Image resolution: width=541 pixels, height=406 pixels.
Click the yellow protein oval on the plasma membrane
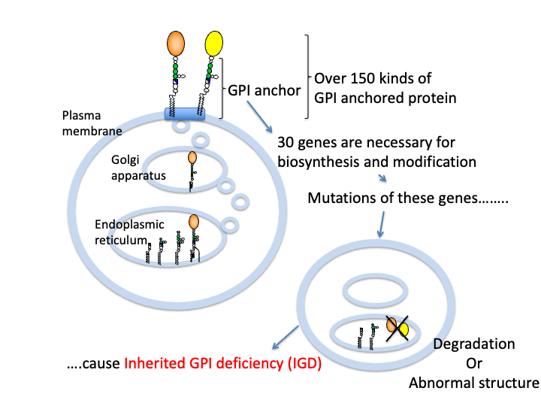point(213,44)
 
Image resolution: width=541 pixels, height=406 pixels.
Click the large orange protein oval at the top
point(176,44)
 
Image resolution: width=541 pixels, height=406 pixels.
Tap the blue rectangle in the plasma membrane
point(185,114)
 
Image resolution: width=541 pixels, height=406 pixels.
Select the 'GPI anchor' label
point(264,90)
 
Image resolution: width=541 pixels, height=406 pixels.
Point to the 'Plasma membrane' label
point(92,123)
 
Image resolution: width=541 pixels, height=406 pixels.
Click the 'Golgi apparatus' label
point(138,168)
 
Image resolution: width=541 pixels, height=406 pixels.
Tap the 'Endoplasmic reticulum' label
point(129,232)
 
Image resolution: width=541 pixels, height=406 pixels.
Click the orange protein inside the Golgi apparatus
point(192,158)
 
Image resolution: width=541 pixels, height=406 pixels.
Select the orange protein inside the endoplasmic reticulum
point(194,222)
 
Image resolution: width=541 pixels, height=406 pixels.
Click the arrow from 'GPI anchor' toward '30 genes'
point(259,117)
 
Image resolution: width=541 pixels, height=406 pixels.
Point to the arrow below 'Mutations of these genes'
point(381,224)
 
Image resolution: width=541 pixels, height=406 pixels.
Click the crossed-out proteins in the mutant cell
point(397,328)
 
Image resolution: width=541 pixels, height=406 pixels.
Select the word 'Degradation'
point(474,344)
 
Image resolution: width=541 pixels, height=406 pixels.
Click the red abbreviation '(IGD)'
point(304,364)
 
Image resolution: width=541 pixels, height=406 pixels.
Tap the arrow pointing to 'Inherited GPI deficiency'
point(286,338)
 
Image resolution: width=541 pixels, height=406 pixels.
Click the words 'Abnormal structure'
point(474,383)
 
